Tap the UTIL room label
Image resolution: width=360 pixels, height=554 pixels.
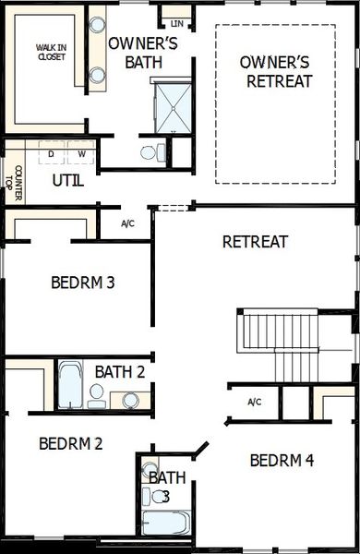(68, 180)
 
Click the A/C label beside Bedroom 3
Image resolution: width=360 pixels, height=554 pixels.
(129, 223)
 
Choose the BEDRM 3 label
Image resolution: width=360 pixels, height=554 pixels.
(82, 283)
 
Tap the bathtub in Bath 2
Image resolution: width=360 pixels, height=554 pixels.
(71, 385)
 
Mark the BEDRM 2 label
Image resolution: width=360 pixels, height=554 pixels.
(70, 443)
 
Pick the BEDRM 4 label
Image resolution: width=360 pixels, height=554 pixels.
(282, 460)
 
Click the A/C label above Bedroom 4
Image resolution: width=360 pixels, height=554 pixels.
(256, 402)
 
